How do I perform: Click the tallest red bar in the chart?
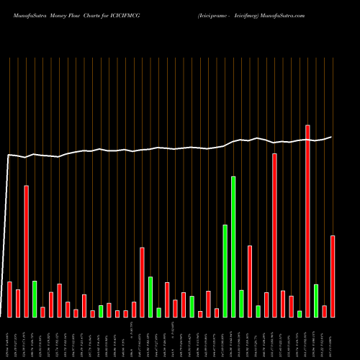pyautogui.click(x=308, y=221)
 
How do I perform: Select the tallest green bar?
pyautogui.click(x=233, y=246)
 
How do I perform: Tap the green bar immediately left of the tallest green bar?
pyautogui.click(x=225, y=271)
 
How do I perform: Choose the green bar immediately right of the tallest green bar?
pyautogui.click(x=241, y=303)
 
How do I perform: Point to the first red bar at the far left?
pyautogui.click(x=9, y=299)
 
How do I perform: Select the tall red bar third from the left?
pyautogui.click(x=27, y=251)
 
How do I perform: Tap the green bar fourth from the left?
pyautogui.click(x=35, y=299)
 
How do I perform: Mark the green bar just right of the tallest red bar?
pyautogui.click(x=316, y=300)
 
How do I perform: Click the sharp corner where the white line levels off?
pyautogui.click(x=9, y=155)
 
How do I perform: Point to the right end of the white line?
pyautogui.click(x=332, y=137)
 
